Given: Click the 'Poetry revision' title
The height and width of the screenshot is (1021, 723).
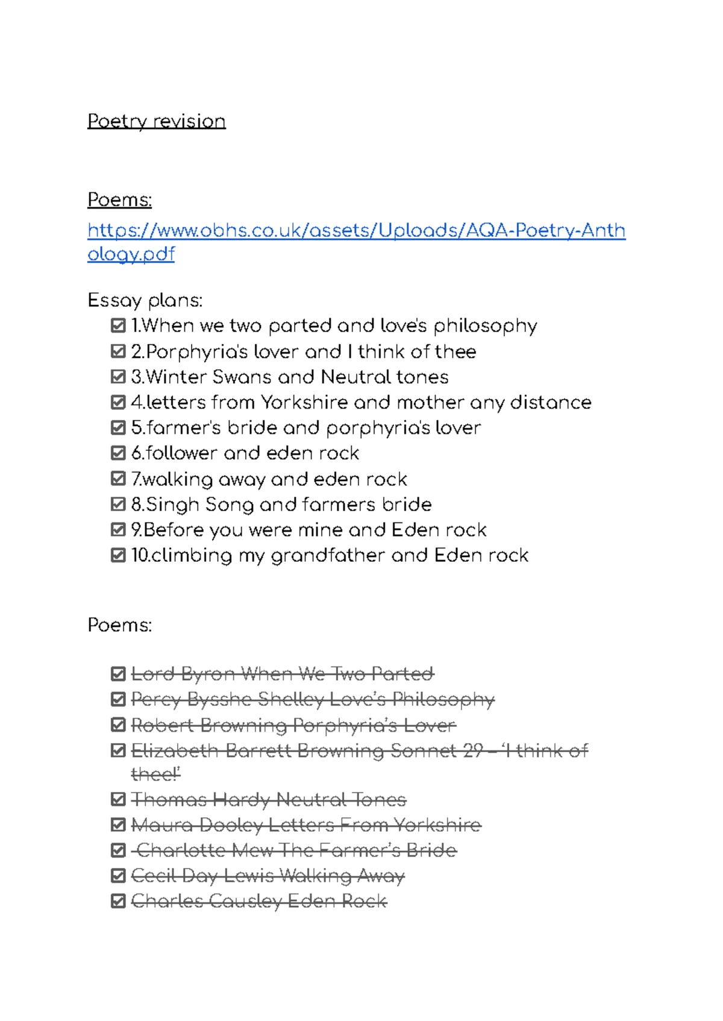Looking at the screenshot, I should (156, 121).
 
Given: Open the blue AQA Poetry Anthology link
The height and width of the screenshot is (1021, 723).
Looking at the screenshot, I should (356, 231).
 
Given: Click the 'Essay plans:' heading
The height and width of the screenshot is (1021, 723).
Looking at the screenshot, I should (145, 300).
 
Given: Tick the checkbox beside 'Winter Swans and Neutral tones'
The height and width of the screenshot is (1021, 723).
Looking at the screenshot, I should (118, 377).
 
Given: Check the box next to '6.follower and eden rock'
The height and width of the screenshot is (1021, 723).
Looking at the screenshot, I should (118, 453).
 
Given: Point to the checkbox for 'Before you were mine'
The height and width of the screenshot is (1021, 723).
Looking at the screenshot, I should (118, 530).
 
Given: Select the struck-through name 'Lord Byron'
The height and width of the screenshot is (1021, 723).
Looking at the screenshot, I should (183, 673).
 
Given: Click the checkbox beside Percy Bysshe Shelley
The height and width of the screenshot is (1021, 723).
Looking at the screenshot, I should (118, 699).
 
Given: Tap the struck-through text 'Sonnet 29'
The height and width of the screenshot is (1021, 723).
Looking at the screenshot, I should (437, 750).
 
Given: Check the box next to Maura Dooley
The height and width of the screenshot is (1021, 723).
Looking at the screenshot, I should (118, 825).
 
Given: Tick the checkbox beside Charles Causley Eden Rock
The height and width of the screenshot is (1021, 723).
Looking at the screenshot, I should (118, 901).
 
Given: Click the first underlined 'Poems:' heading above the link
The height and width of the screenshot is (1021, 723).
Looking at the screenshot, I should (119, 200).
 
